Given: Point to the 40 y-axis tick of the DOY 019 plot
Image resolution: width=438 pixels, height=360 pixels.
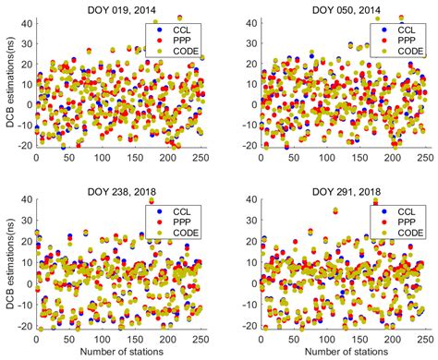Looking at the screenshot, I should pos(26,18).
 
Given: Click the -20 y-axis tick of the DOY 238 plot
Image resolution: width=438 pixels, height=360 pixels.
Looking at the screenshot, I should pos(23,328).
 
